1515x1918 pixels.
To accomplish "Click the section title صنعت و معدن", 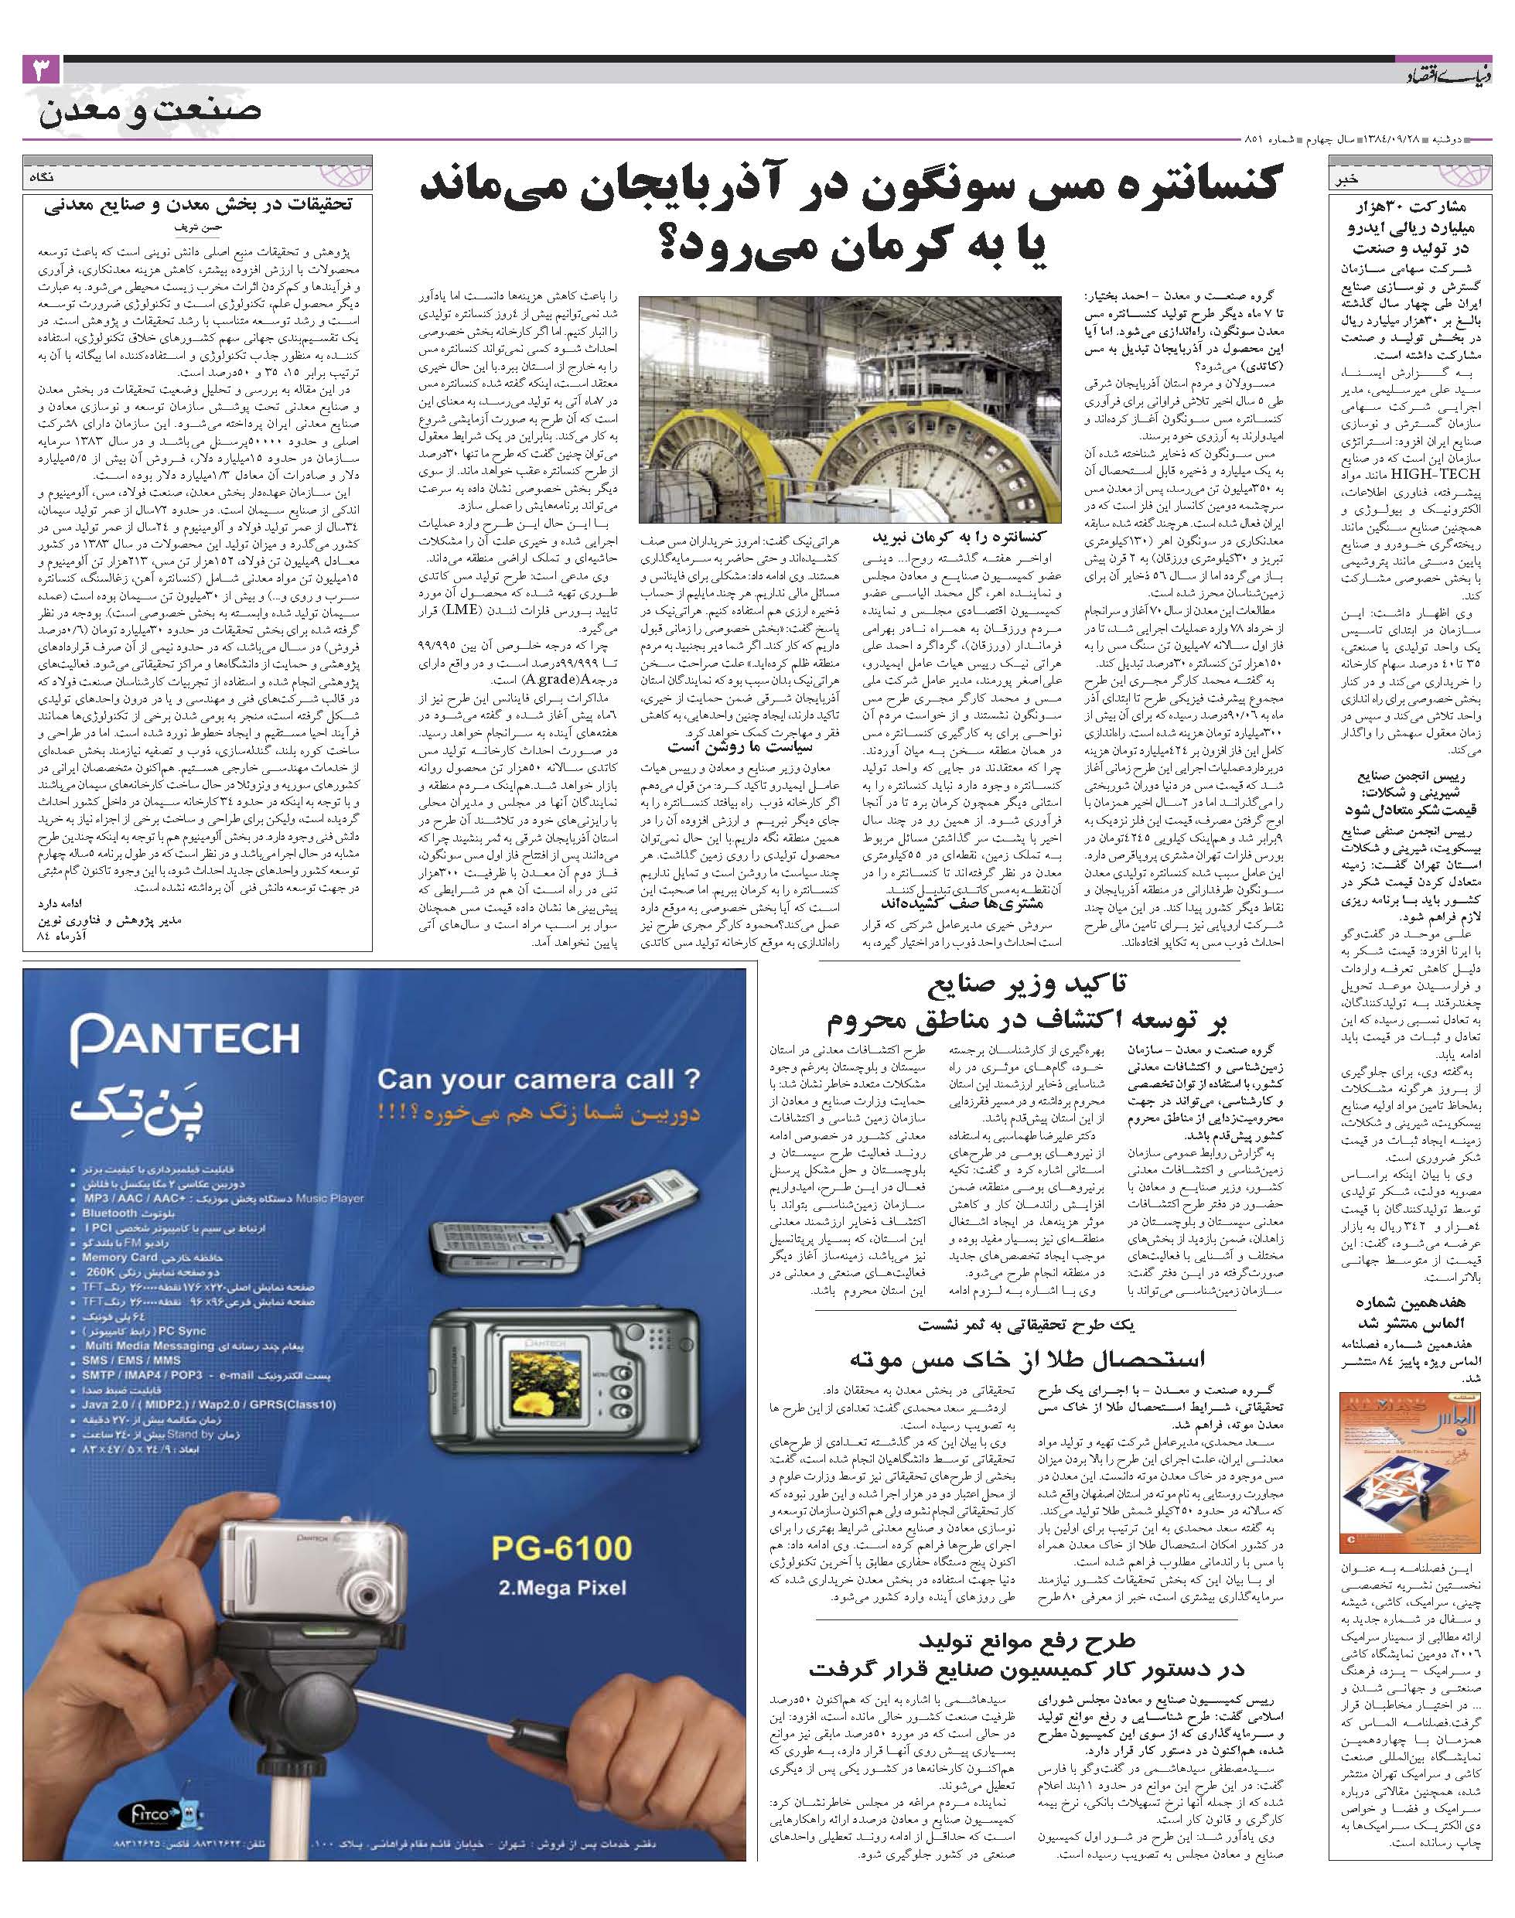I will pyautogui.click(x=150, y=112).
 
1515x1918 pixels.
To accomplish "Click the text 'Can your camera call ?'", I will pyautogui.click(x=538, y=1080).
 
